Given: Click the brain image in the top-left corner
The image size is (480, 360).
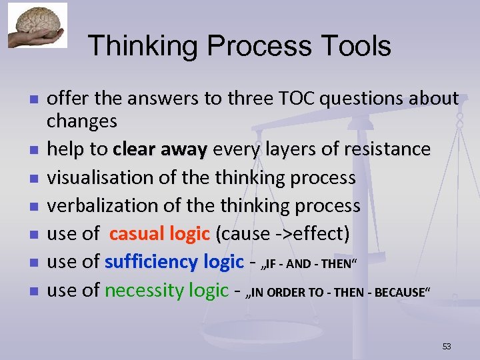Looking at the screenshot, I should [37, 25].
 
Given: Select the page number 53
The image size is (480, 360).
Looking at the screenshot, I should [447, 346].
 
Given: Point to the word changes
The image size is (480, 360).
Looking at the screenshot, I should [81, 121].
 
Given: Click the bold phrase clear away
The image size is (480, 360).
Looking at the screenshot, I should [160, 149].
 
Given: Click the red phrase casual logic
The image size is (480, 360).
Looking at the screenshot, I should [160, 234].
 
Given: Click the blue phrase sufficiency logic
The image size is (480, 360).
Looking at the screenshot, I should [174, 262].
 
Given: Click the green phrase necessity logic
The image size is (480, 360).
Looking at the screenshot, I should [167, 290].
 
